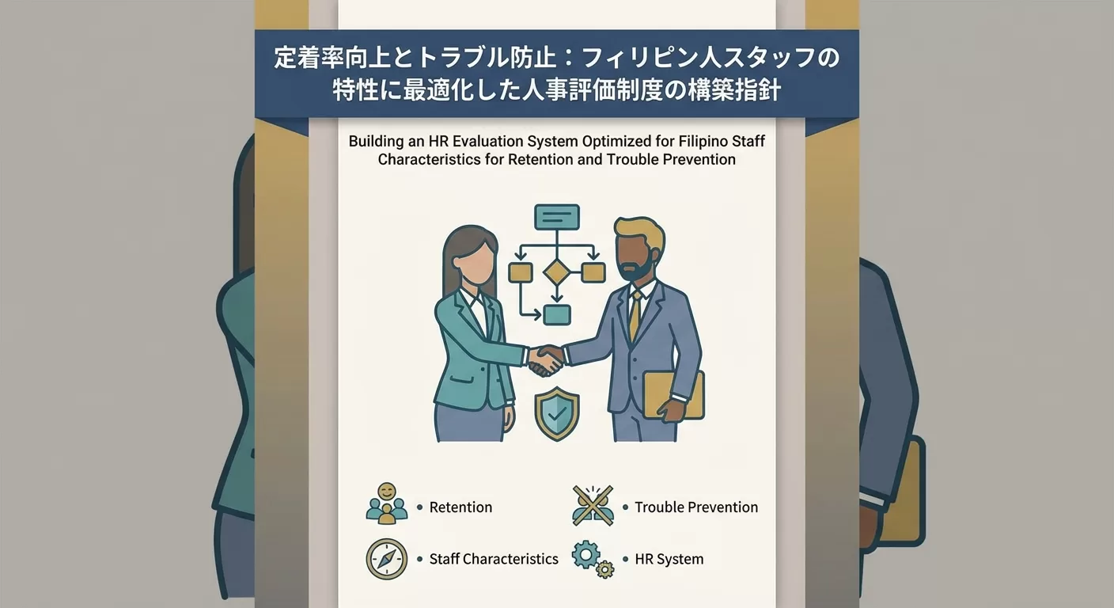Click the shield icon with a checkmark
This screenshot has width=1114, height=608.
tap(557, 412)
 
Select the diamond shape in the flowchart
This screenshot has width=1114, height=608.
tap(556, 272)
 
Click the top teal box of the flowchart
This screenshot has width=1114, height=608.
tap(556, 217)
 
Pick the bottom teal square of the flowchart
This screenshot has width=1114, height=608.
tap(556, 314)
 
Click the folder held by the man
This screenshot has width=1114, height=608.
tap(673, 393)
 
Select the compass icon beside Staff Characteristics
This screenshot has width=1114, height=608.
tap(386, 559)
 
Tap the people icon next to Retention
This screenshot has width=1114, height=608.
tap(386, 504)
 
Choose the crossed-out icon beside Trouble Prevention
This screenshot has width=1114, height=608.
tap(593, 506)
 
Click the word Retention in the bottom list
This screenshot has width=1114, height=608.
tap(460, 507)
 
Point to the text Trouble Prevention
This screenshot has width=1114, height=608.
tap(696, 507)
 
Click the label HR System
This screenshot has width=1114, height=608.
tap(669, 559)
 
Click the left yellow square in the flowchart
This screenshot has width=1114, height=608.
tap(519, 272)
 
